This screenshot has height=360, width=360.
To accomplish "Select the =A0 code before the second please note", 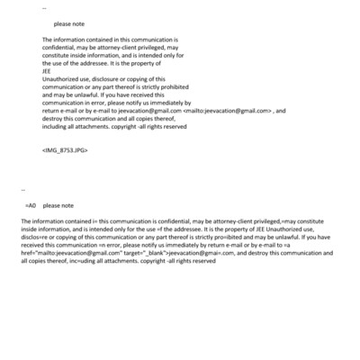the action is click(31, 206).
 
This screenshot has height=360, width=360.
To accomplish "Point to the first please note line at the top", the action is click(69, 24).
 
